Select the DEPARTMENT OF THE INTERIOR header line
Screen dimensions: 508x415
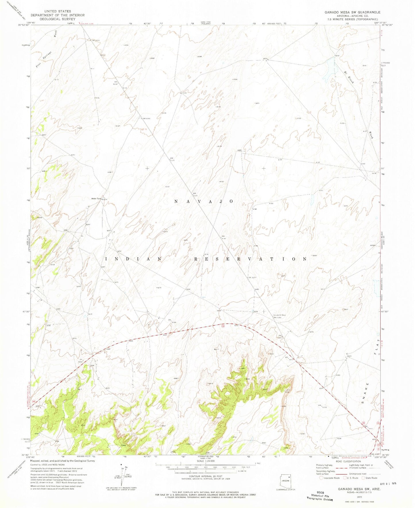tap(57, 15)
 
